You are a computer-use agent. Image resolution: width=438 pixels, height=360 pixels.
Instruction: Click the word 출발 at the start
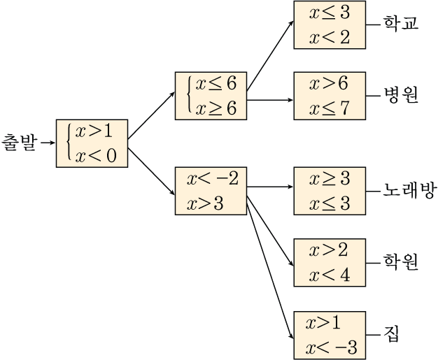point(19,143)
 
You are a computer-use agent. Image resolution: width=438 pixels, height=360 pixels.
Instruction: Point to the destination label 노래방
point(409,189)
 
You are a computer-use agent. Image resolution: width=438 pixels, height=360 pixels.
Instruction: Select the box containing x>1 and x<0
point(92,143)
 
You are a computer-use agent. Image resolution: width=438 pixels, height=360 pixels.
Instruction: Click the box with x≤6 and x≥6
point(211,95)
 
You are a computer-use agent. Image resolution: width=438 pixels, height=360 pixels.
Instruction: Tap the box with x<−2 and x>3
point(211,191)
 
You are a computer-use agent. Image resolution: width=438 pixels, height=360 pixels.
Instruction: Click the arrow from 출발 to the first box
point(47,143)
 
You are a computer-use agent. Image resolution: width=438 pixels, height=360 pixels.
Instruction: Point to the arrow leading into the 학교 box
point(271,59)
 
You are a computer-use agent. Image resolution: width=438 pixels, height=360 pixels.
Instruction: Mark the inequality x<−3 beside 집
point(331,347)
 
